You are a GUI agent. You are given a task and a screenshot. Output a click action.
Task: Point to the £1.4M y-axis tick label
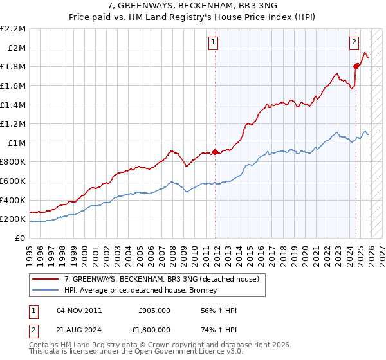point(14,105)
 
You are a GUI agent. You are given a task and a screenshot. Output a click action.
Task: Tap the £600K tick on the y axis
point(14,181)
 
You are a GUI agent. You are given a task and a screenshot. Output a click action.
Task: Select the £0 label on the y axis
point(21,239)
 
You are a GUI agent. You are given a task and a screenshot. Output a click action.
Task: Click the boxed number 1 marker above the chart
point(213,43)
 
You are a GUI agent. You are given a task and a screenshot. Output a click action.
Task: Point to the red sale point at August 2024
point(356,66)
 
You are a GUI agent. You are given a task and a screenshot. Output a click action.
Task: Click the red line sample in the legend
point(46,279)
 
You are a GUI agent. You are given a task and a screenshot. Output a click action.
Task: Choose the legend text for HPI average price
point(141,290)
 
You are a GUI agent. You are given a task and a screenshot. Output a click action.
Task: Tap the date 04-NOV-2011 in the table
point(79,310)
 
